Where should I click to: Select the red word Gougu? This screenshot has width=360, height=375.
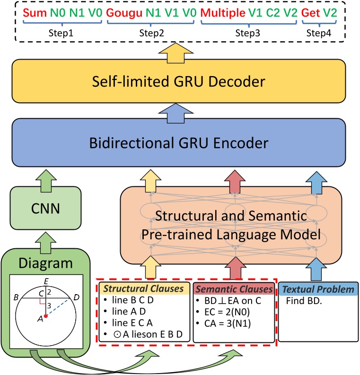point(123,12)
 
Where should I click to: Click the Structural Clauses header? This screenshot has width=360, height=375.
point(144,288)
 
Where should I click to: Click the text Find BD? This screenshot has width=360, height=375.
point(303,300)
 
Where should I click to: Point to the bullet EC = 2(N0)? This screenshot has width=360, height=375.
point(226,312)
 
